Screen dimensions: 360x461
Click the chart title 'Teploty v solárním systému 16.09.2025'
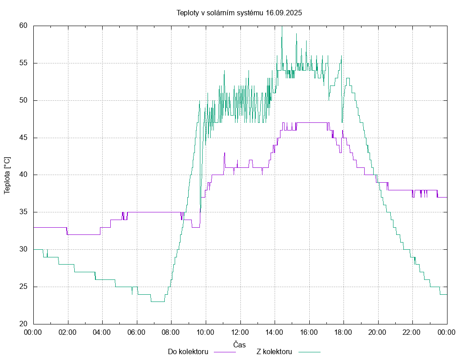[x=239, y=13]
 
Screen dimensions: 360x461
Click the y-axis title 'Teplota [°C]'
[x=7, y=175]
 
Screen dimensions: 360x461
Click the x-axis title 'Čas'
[x=240, y=344]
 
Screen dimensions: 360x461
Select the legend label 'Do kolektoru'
[x=188, y=351]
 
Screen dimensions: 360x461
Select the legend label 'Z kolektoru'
[x=275, y=351]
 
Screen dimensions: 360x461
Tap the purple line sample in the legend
[x=225, y=352]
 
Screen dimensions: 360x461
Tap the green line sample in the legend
[x=309, y=352]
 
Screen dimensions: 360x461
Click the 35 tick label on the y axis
[x=24, y=212]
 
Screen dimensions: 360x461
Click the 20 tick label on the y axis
[x=24, y=324]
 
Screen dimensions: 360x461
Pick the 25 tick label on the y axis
[x=24, y=287]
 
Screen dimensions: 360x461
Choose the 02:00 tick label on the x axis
[x=68, y=332]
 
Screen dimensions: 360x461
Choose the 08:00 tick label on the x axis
[x=172, y=332]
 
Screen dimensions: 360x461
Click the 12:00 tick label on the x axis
[x=240, y=332]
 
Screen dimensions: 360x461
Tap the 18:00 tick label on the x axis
[x=343, y=332]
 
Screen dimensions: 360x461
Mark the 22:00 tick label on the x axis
[x=412, y=332]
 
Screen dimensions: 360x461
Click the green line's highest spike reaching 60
[x=282, y=27]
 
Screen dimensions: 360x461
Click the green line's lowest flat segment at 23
[x=158, y=301]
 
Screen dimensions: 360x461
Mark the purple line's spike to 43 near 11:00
[x=224, y=153]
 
